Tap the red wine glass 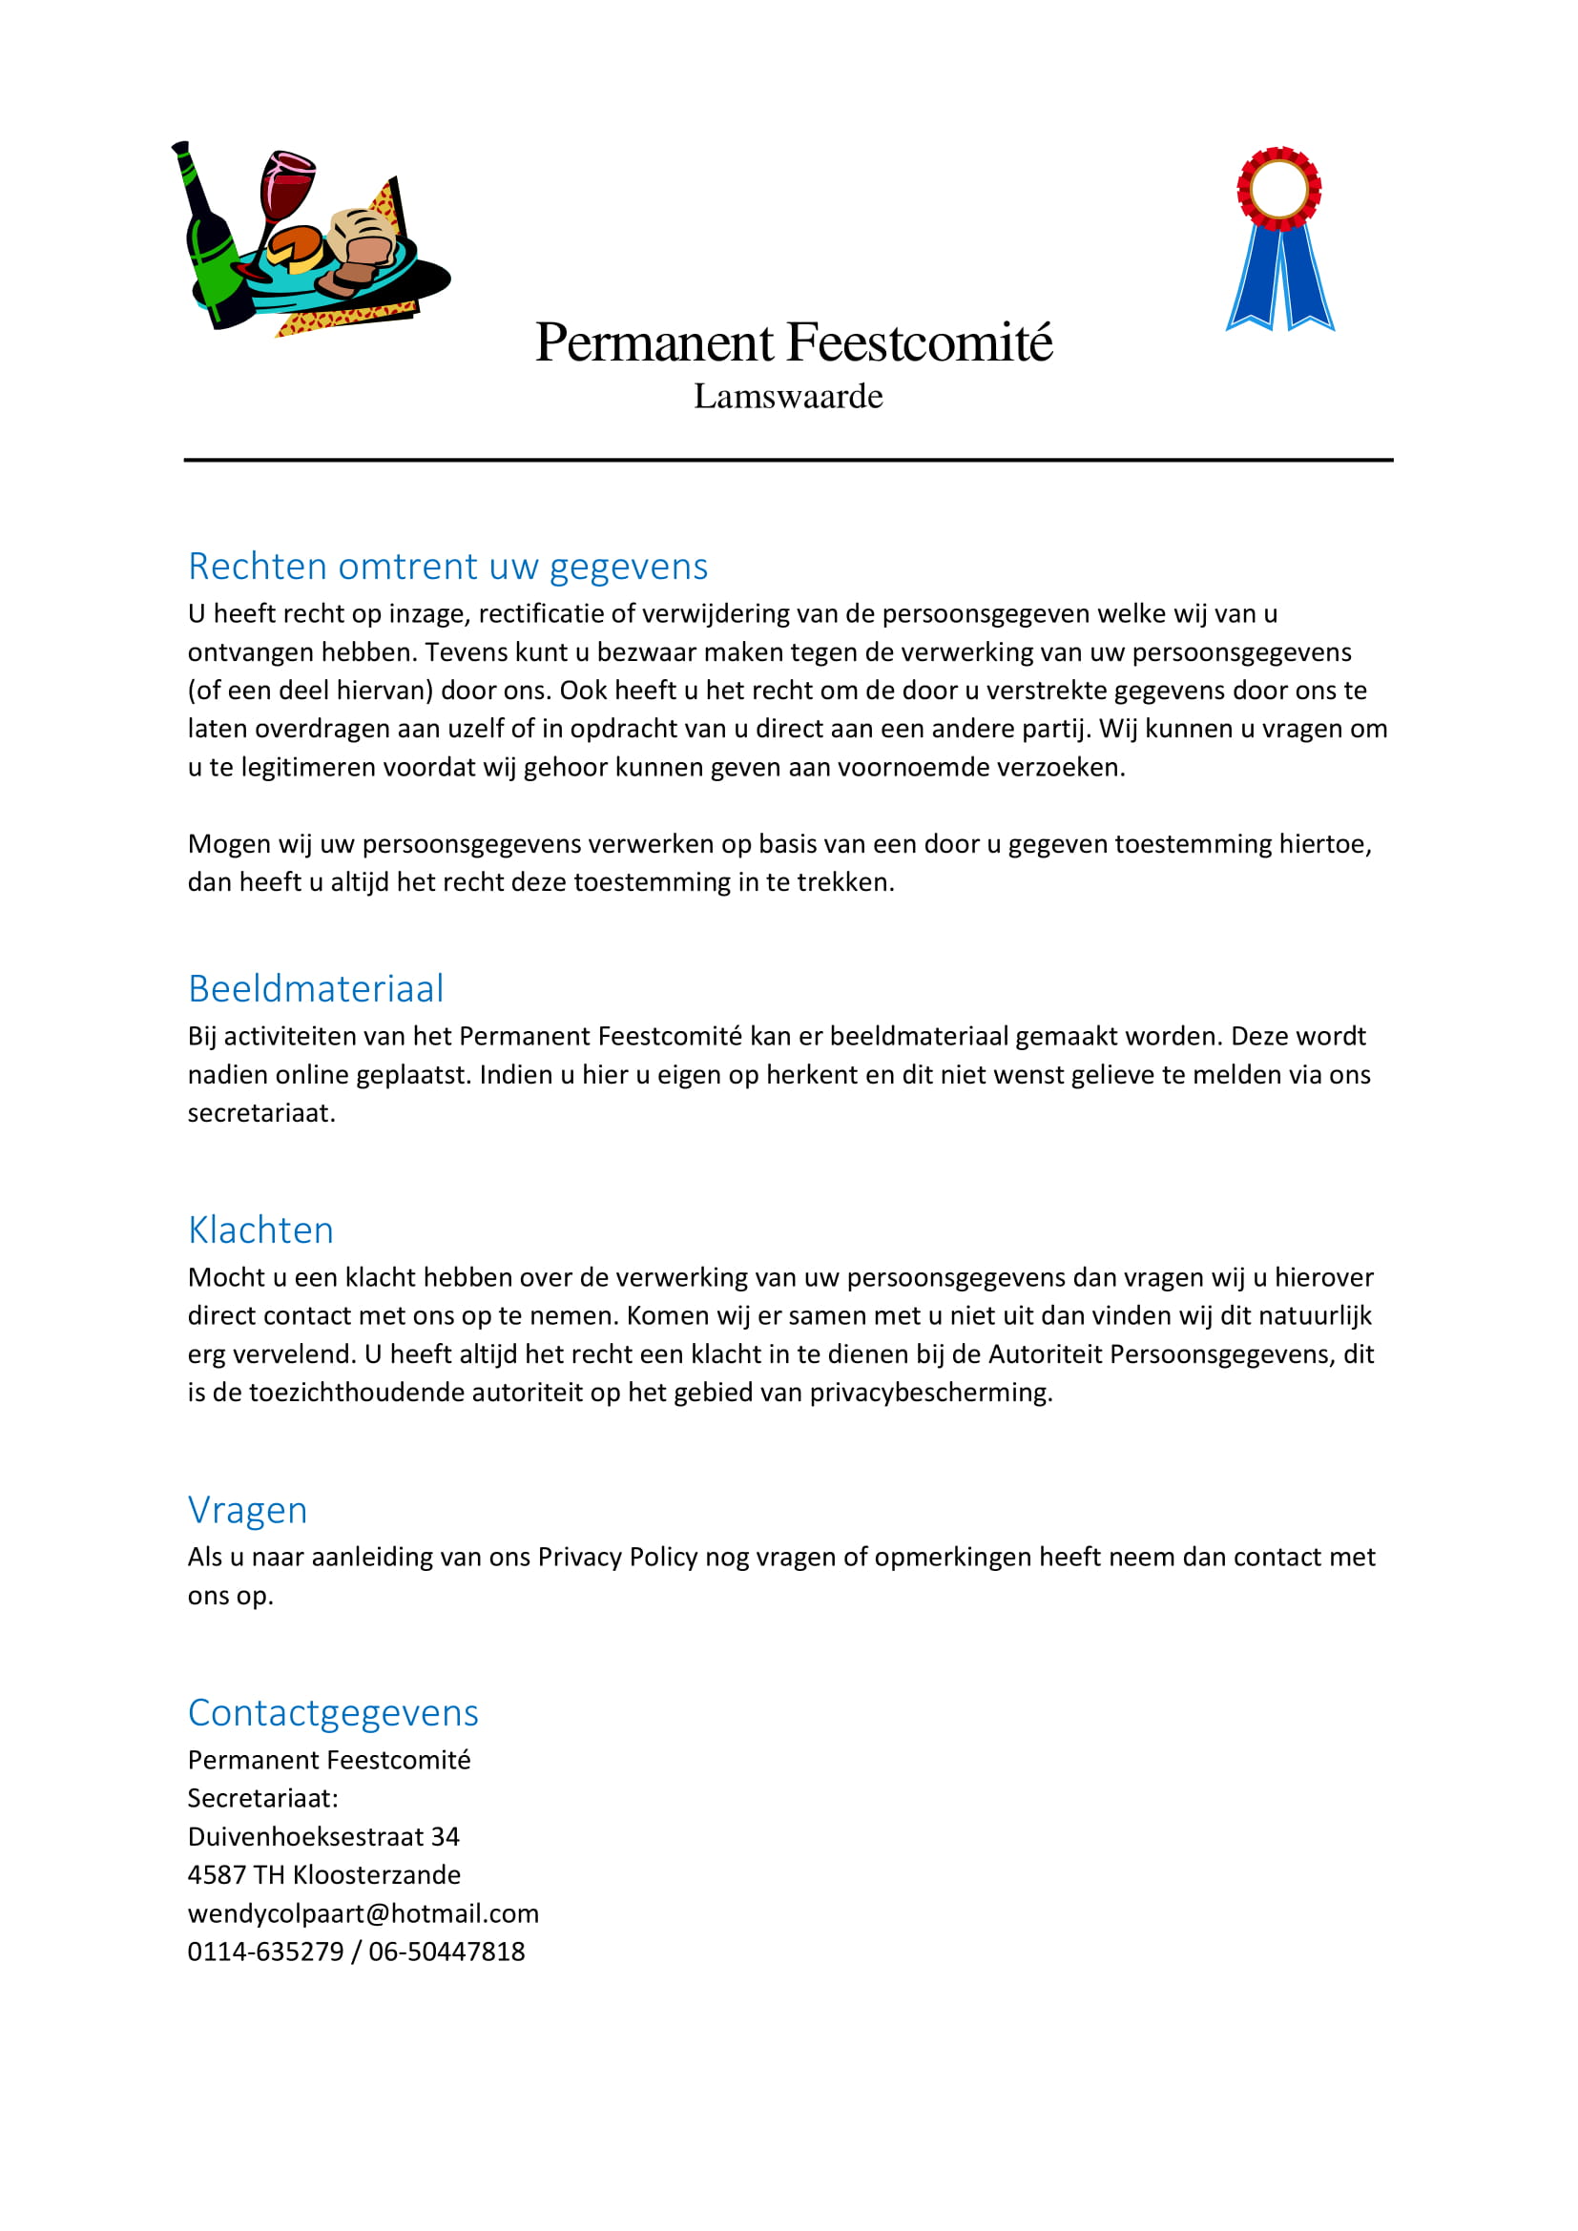285,185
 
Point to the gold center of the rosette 1278,189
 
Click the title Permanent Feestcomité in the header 793,343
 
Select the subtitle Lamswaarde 788,397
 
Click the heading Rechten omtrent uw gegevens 448,567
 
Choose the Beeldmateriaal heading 316,989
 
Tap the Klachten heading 260,1230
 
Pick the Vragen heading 248,1510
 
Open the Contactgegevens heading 333,1713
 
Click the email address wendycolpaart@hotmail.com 363,1913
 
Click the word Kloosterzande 377,1874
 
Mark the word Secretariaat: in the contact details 262,1799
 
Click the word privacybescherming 931,1393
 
